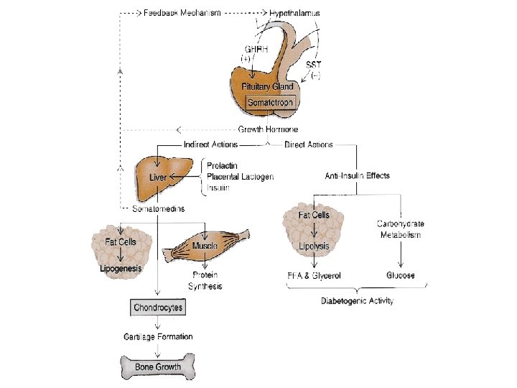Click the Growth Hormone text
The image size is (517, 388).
(268, 129)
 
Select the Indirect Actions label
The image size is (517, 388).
(211, 144)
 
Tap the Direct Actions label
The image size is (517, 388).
(309, 144)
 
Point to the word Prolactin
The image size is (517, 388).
(223, 165)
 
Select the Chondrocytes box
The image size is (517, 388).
(159, 308)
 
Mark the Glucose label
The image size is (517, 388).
(401, 275)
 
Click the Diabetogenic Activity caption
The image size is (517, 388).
(357, 301)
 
